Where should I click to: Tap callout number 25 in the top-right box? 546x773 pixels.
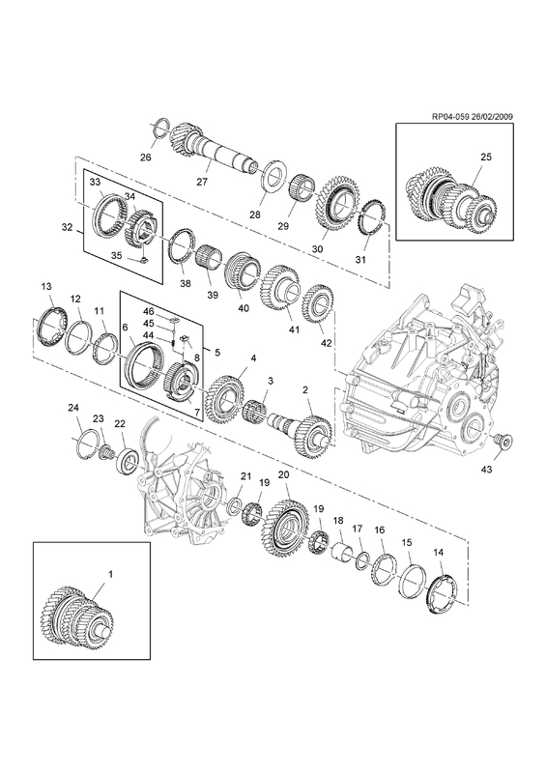click(486, 157)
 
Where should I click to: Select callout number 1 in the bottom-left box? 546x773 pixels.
click(110, 574)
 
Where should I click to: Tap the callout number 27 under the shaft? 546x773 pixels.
click(202, 182)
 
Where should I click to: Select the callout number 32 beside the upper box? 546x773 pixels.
click(68, 227)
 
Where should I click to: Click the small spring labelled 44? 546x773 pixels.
click(174, 342)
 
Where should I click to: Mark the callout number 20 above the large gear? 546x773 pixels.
click(283, 475)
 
